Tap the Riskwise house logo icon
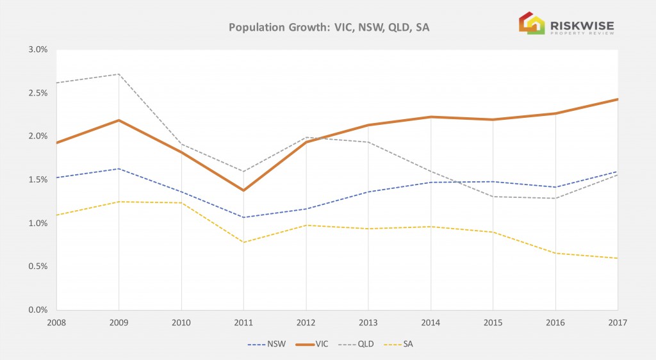530,23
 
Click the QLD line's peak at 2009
119,74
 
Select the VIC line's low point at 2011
243,190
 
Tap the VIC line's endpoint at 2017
617,99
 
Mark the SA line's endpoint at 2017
617,258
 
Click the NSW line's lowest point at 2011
243,217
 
